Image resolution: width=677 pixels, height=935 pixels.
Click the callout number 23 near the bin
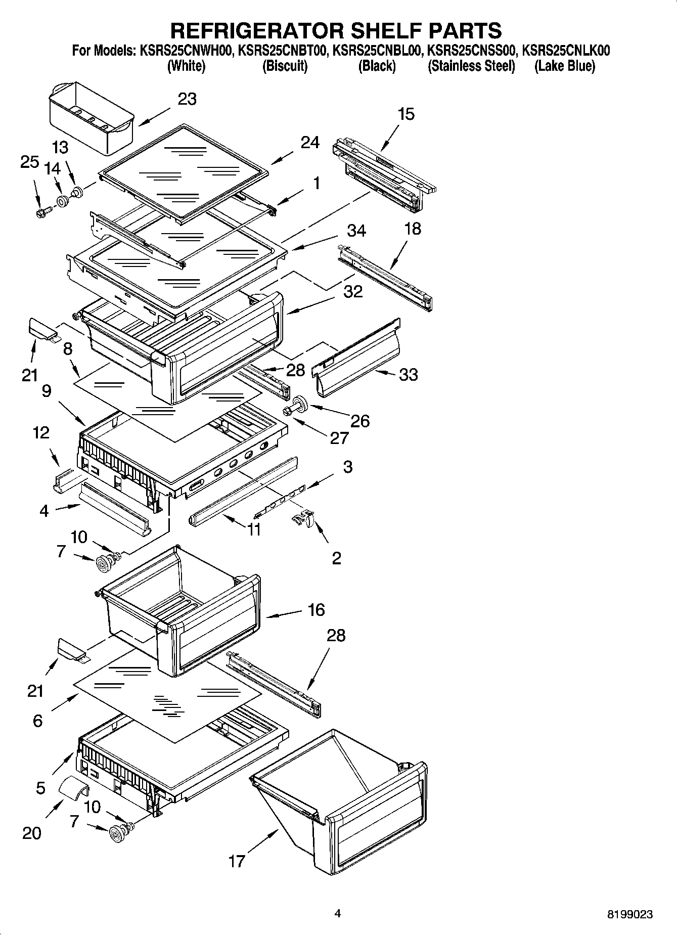[x=187, y=99]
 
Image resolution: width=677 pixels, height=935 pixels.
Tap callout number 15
[x=406, y=114]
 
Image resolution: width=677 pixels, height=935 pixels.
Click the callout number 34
[x=356, y=231]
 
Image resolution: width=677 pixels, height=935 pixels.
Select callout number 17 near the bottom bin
[x=237, y=861]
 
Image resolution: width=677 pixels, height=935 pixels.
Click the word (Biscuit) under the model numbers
[x=285, y=66]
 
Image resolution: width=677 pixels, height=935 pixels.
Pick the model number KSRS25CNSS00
[x=471, y=51]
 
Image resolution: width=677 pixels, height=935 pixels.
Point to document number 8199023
[x=629, y=914]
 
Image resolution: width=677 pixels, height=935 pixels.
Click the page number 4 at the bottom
[x=338, y=913]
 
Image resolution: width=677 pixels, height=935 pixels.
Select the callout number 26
[x=360, y=421]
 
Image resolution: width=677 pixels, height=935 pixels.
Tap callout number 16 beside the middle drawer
[x=316, y=610]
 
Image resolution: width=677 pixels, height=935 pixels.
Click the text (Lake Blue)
[x=565, y=66]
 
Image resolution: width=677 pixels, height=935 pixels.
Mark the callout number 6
[x=37, y=721]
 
